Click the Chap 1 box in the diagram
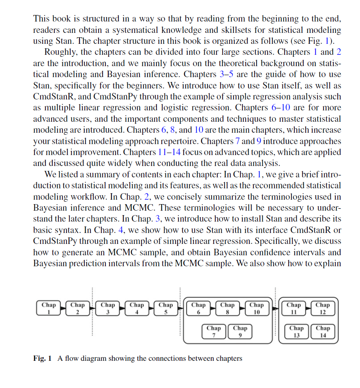49,308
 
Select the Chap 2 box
77,308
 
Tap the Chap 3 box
108,308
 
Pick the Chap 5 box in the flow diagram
165,308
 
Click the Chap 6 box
198,308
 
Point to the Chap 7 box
214,331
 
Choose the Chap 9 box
240,331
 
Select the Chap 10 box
256,308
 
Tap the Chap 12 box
323,308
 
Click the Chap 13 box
296,331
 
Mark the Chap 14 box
323,331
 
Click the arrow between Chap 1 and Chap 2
63,309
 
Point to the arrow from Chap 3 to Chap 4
122,309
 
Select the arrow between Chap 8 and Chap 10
242,309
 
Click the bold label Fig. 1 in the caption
43,358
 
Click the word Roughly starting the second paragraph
60,52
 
